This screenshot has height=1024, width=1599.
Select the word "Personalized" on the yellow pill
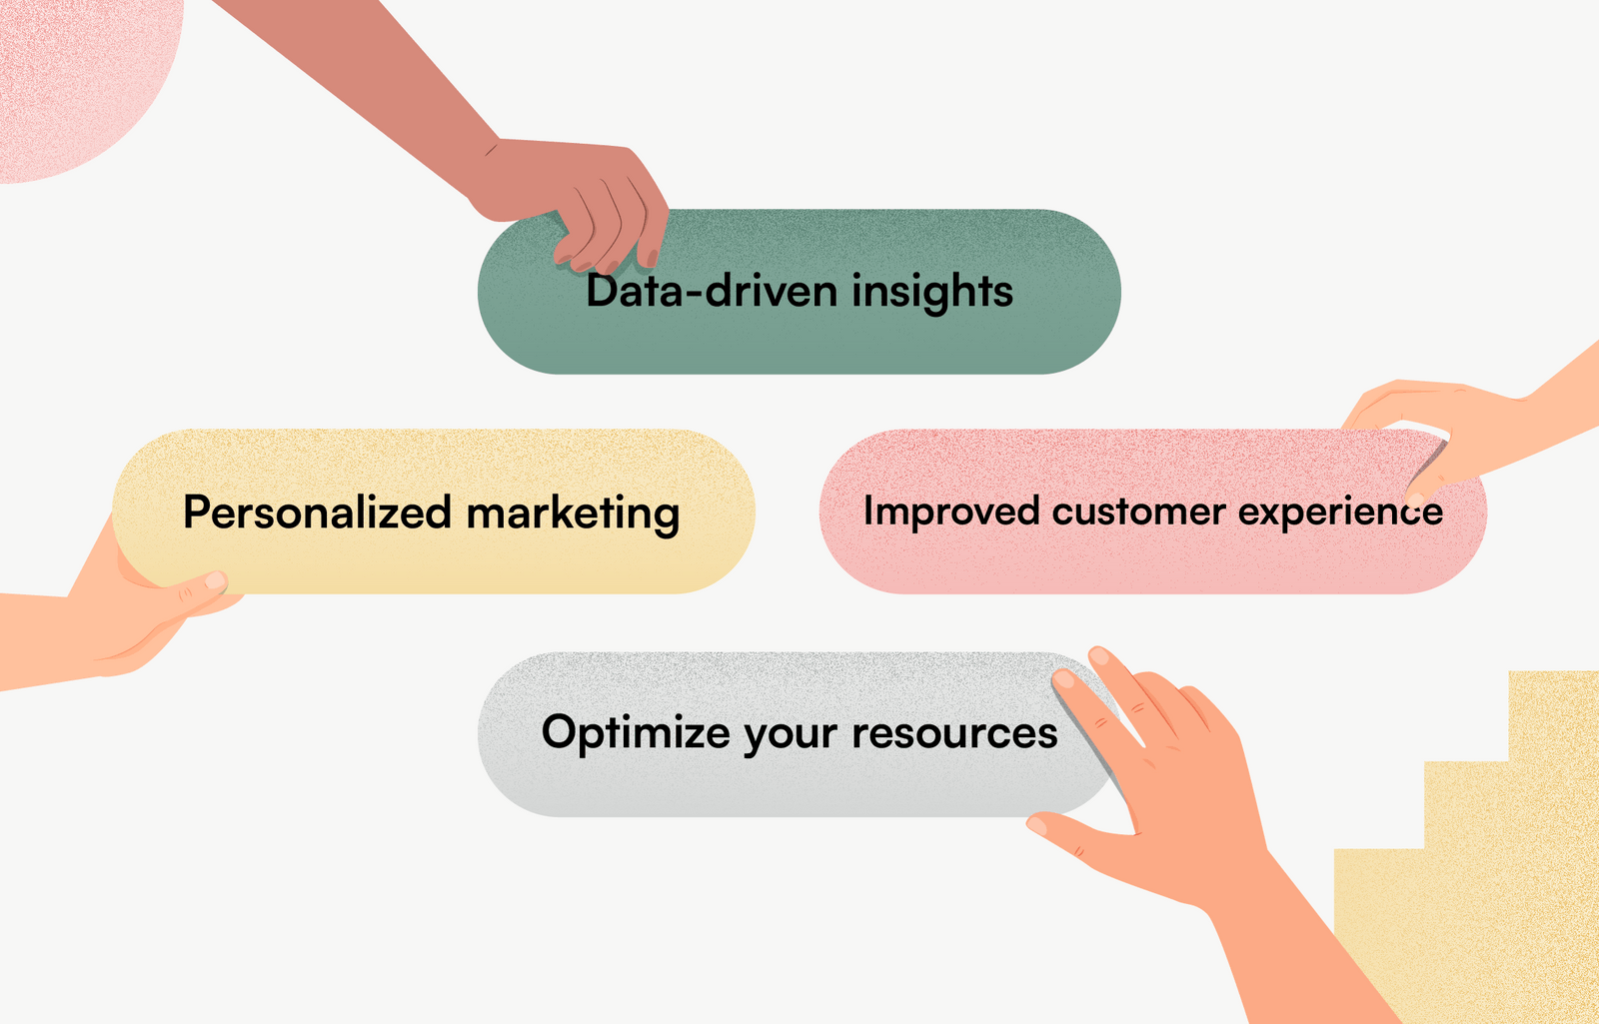click(x=318, y=512)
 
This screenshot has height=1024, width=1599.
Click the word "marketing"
click(x=573, y=513)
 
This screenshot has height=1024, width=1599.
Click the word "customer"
click(x=1138, y=512)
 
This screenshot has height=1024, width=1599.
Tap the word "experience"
click(x=1340, y=512)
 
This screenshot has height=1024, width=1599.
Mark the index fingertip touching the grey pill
click(x=1063, y=678)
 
